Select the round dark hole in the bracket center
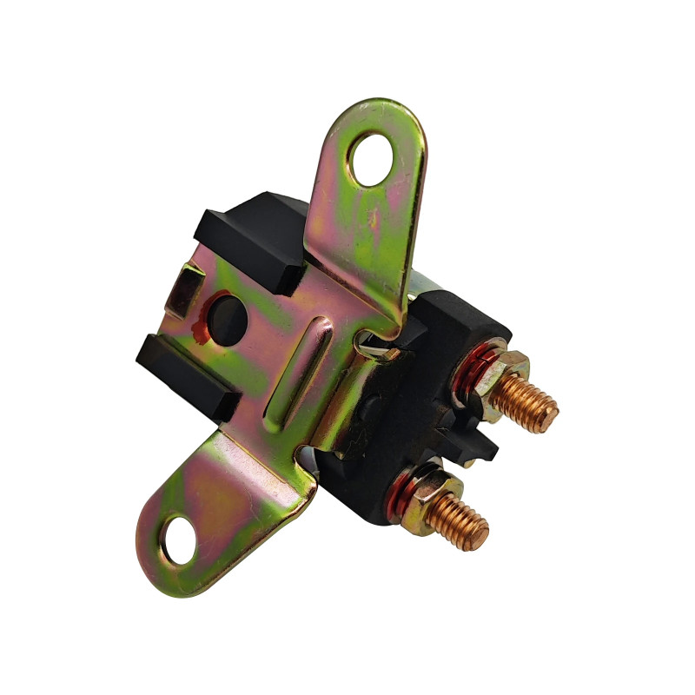[228, 319]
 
